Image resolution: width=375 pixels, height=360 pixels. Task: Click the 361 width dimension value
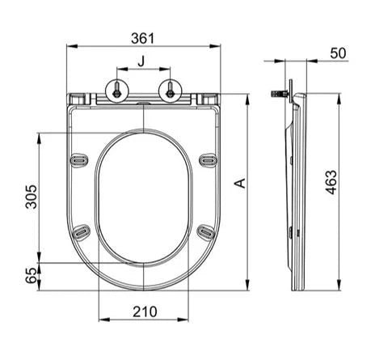coord(143,38)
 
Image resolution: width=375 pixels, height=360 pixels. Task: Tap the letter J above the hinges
coord(141,61)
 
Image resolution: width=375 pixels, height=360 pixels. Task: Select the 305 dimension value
coord(32,197)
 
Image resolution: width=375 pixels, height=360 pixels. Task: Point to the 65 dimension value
coord(32,275)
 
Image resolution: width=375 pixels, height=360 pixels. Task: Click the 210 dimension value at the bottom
coord(145,312)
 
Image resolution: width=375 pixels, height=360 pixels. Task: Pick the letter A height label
coord(240,183)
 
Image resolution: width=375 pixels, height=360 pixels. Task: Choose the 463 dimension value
coord(331,182)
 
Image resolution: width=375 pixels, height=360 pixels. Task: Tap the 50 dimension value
coord(338,53)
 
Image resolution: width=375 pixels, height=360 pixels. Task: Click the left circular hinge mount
coord(117,91)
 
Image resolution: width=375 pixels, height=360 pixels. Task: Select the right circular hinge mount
coord(171,91)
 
